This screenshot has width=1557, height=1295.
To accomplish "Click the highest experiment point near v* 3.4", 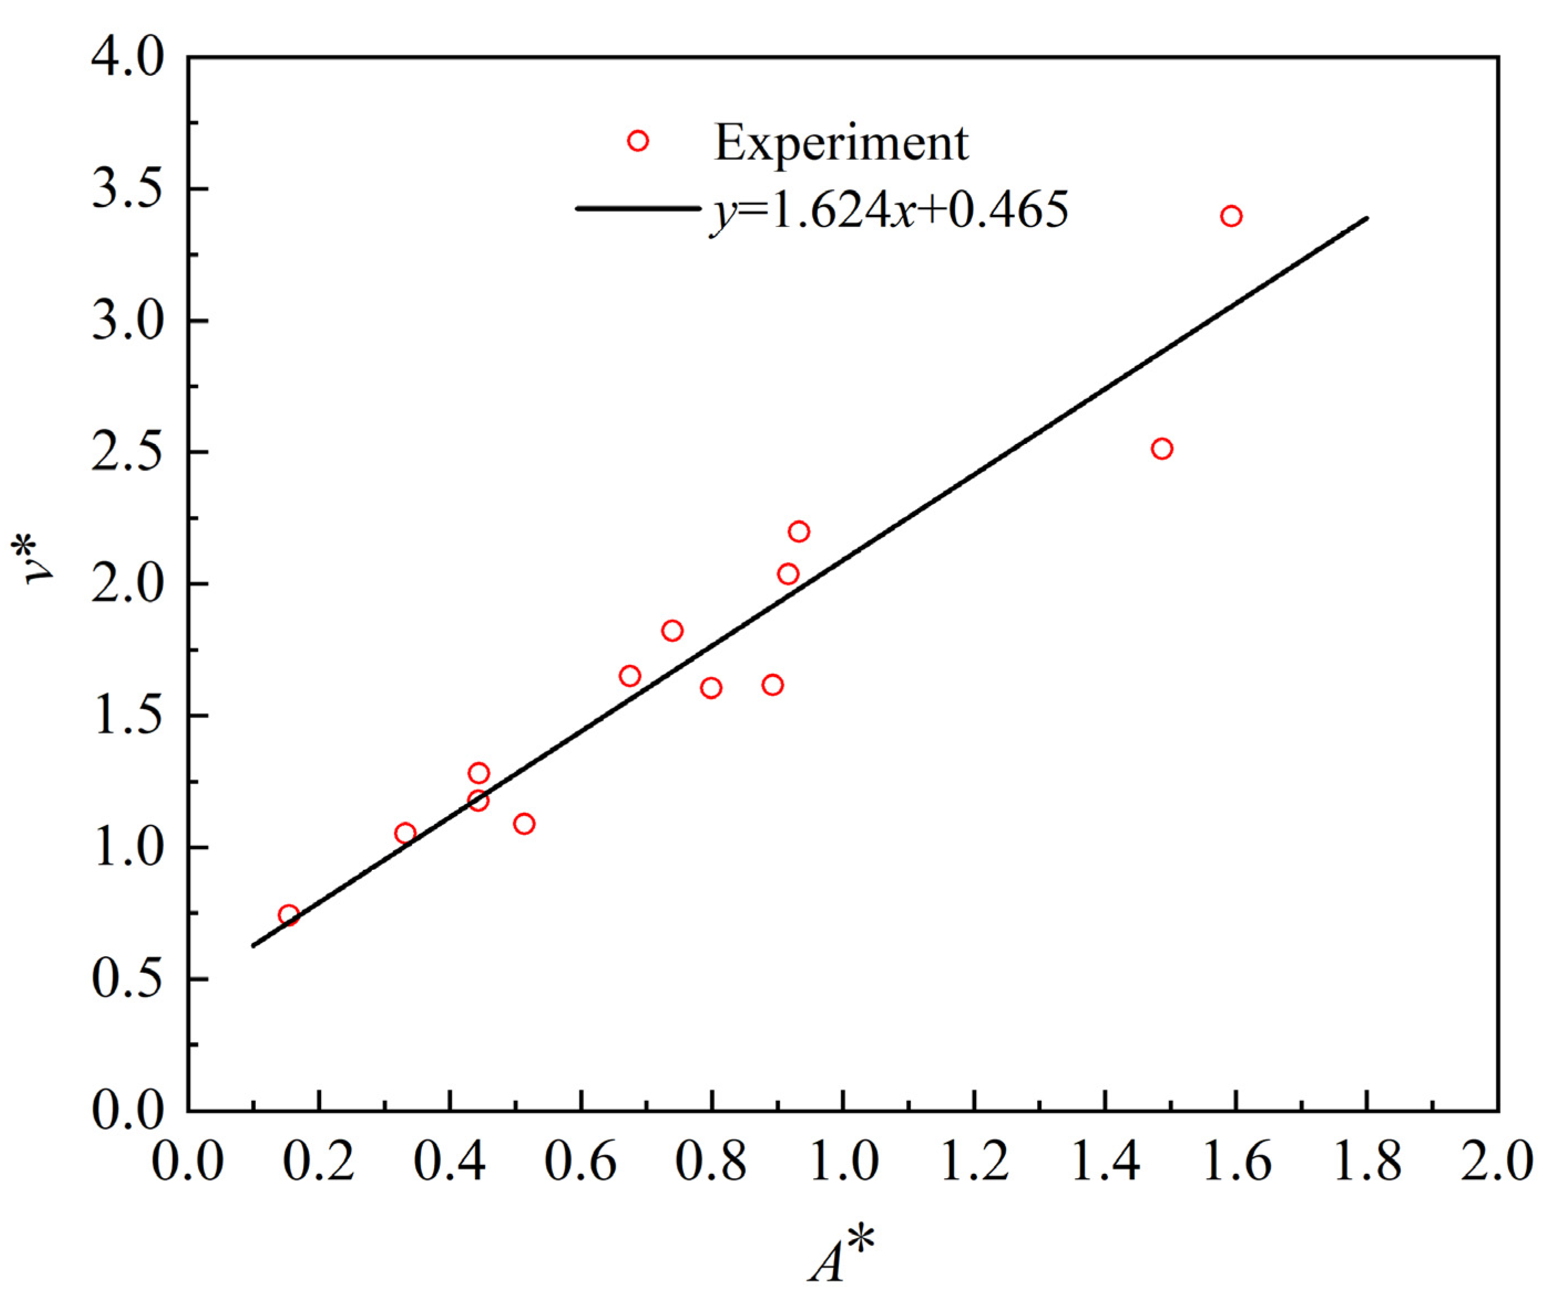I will (x=1231, y=216).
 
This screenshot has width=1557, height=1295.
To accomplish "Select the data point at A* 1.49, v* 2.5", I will (x=1162, y=448).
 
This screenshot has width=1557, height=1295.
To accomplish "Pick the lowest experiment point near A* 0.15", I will (x=288, y=915).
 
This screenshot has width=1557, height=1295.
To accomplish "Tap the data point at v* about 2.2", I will (x=798, y=532).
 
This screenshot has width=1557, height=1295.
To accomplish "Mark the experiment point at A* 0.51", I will (x=524, y=823).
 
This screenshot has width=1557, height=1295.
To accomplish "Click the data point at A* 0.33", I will (x=405, y=833).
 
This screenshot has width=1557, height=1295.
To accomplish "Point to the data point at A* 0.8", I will (x=711, y=688).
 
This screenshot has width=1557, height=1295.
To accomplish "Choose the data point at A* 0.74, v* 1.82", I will (x=672, y=631).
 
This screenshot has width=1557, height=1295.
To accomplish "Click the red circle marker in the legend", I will (x=638, y=141).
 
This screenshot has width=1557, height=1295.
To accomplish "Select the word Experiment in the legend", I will (x=841, y=142).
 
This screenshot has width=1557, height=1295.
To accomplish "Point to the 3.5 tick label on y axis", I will (x=127, y=190).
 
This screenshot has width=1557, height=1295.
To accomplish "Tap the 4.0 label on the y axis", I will (x=127, y=58).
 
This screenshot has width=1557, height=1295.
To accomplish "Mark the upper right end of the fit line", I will (x=1367, y=218).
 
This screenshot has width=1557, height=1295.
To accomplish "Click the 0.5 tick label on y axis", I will (x=127, y=979).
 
